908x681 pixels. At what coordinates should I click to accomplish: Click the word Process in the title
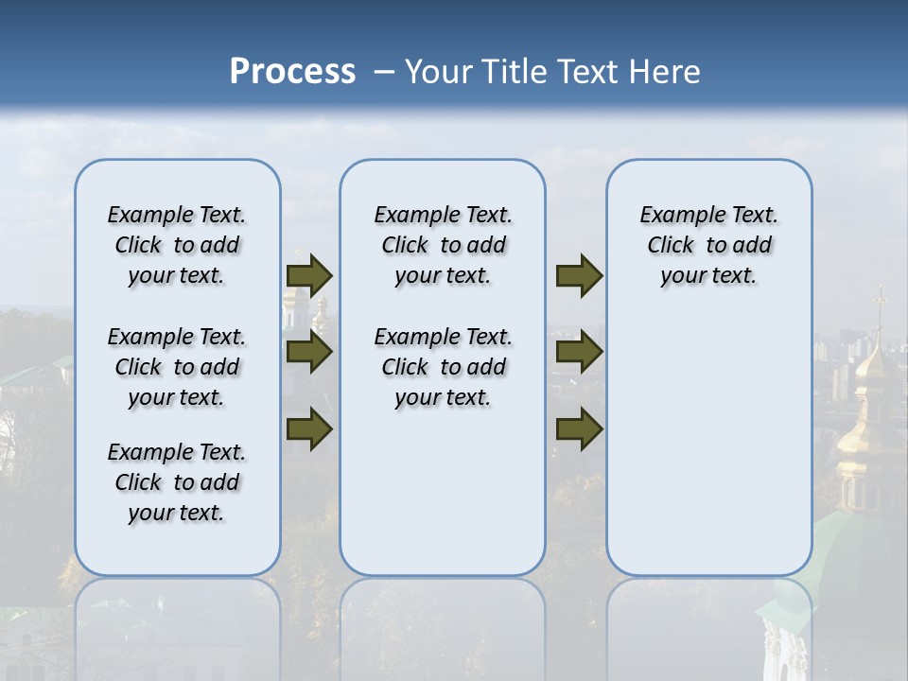click(292, 72)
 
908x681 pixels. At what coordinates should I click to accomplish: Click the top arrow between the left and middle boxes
click(309, 276)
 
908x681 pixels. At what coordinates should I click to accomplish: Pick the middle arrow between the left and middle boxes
click(309, 353)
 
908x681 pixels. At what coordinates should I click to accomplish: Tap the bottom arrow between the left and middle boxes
click(309, 429)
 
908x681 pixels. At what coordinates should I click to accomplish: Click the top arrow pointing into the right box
click(579, 276)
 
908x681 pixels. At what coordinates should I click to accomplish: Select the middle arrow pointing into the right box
click(579, 353)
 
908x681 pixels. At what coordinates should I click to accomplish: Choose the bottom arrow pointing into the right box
click(579, 429)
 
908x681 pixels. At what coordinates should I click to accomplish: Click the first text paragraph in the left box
click(177, 245)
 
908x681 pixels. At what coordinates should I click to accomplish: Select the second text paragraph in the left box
click(177, 367)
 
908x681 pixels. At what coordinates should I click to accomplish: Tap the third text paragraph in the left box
click(177, 482)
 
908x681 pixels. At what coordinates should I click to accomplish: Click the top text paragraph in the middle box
click(443, 245)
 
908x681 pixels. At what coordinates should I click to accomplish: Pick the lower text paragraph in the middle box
click(443, 367)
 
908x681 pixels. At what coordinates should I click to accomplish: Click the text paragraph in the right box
click(708, 245)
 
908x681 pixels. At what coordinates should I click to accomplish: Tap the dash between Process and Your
click(384, 72)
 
